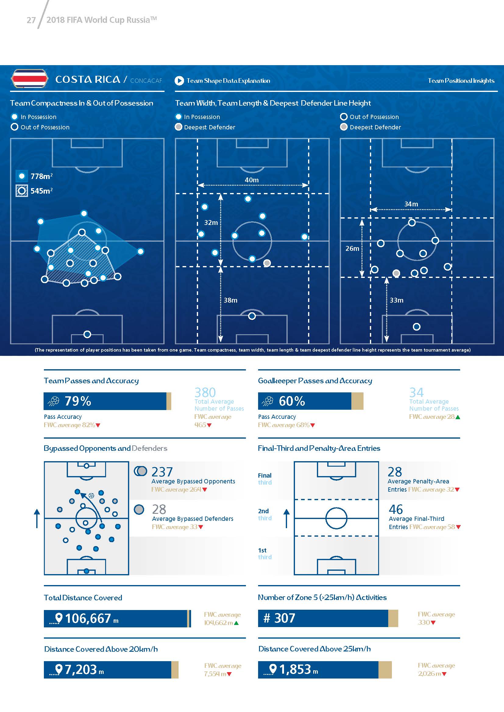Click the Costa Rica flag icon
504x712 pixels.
pyautogui.click(x=29, y=79)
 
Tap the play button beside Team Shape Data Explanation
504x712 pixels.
pyautogui.click(x=179, y=81)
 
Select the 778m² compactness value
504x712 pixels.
pyautogui.click(x=41, y=177)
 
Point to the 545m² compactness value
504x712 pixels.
pyautogui.click(x=41, y=191)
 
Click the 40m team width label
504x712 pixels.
pyautogui.click(x=251, y=180)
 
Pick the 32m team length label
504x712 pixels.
pyautogui.click(x=211, y=223)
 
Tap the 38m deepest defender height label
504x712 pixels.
pyautogui.click(x=231, y=300)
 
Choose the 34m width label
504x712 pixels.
pyautogui.click(x=411, y=204)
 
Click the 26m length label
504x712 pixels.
pyautogui.click(x=352, y=248)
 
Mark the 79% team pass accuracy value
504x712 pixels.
pyautogui.click(x=78, y=401)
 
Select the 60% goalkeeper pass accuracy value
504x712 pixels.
pyautogui.click(x=292, y=401)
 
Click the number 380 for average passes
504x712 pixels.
pyautogui.click(x=205, y=393)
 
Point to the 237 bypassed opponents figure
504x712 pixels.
pyautogui.click(x=162, y=472)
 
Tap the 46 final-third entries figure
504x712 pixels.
pyautogui.click(x=396, y=509)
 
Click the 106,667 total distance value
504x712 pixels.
pyautogui.click(x=88, y=619)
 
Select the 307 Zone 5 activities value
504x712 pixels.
pyautogui.click(x=285, y=618)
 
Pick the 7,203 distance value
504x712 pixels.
pyautogui.click(x=81, y=670)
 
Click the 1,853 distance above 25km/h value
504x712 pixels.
pyautogui.click(x=295, y=669)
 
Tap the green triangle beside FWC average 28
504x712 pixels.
pyautogui.click(x=458, y=417)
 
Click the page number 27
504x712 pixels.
pyautogui.click(x=31, y=20)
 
